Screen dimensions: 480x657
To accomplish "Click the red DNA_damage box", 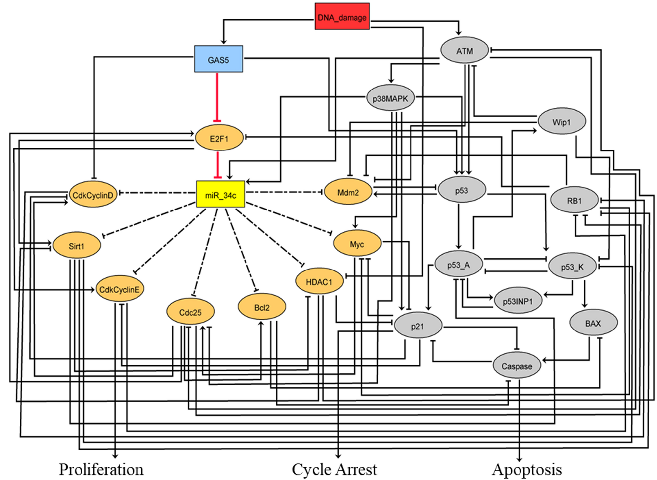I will pyautogui.click(x=342, y=17).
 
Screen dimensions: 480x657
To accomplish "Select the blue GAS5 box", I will pyautogui.click(x=218, y=59).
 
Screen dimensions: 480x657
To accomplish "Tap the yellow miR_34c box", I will pyautogui.click(x=220, y=195).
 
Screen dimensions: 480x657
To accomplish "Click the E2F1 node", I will pyautogui.click(x=219, y=138).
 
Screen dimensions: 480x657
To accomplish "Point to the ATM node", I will pyautogui.click(x=464, y=50).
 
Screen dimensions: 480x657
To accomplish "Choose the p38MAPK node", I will pyautogui.click(x=390, y=98).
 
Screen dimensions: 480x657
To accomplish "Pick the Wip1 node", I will pyautogui.click(x=562, y=122).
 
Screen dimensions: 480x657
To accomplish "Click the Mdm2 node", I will pyautogui.click(x=348, y=192).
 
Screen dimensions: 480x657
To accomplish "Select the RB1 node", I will pyautogui.click(x=574, y=200).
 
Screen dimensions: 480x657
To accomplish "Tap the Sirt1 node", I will pyautogui.click(x=77, y=246).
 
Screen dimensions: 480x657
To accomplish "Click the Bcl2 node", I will pyautogui.click(x=262, y=307).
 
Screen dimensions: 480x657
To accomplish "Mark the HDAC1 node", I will pyautogui.click(x=319, y=281).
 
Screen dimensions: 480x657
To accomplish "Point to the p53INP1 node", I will pyautogui.click(x=518, y=301).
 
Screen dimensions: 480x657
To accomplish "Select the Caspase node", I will pyautogui.click(x=517, y=366).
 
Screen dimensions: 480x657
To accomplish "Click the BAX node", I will pyautogui.click(x=593, y=323).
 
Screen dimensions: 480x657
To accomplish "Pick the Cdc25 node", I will pyautogui.click(x=190, y=312).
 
